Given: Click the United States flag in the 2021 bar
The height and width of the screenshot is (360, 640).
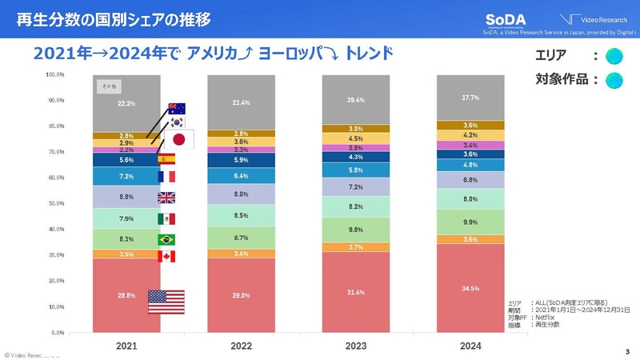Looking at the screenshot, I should [x=166, y=302].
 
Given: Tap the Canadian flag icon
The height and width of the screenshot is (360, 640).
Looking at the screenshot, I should [x=166, y=257].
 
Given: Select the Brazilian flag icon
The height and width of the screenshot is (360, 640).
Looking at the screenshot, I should [x=166, y=239].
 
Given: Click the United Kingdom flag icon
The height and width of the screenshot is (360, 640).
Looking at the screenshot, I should [x=166, y=198].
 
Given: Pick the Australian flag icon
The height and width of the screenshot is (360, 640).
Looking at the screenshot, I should [x=176, y=109].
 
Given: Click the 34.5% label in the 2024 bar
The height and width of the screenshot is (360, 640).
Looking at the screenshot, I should [x=471, y=287].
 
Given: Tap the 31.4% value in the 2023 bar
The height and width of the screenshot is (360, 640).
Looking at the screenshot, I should [x=356, y=291].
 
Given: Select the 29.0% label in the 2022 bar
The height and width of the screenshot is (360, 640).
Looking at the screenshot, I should [x=241, y=295].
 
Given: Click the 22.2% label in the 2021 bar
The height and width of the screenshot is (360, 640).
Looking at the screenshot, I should [x=126, y=104].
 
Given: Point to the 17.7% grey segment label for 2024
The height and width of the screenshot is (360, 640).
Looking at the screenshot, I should [x=471, y=98].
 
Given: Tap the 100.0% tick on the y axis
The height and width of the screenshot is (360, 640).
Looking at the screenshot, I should [x=54, y=75].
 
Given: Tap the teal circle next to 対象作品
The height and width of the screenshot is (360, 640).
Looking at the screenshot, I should [x=615, y=79].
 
